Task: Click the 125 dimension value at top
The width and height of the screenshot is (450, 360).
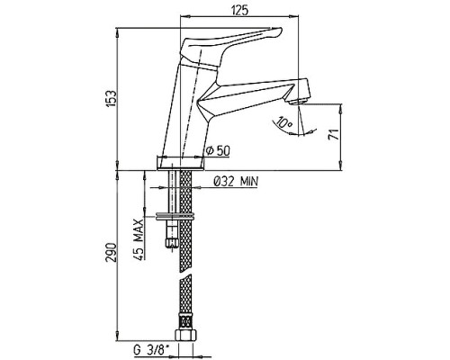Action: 239,11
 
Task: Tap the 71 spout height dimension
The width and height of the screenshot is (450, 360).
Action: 334,134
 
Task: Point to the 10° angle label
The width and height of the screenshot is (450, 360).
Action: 284,122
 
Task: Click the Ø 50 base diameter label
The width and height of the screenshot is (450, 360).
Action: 219,150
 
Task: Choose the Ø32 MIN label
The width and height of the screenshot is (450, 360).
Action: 236,181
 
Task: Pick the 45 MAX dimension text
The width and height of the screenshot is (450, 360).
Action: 139,239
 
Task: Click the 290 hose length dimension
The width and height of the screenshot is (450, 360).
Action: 111,252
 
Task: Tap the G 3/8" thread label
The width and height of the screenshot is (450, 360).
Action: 151,349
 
